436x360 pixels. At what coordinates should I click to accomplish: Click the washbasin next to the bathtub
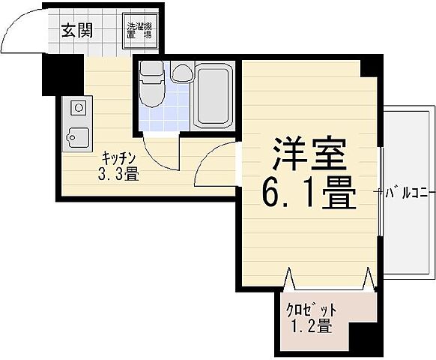(x=181, y=73)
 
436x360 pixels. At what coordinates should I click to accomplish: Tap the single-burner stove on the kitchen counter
(x=77, y=108)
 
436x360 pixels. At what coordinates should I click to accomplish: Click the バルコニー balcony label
(x=408, y=193)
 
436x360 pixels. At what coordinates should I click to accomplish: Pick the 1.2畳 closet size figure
(x=309, y=326)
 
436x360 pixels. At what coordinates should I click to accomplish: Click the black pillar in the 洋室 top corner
(x=369, y=67)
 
